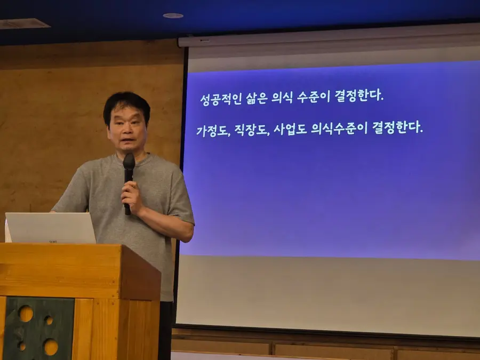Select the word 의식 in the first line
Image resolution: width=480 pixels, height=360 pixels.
click(x=282, y=98)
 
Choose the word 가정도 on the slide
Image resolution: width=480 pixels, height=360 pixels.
click(x=213, y=131)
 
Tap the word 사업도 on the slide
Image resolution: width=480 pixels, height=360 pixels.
click(x=290, y=129)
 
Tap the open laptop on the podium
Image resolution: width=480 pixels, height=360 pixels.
click(x=50, y=228)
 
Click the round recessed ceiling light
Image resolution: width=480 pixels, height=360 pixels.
click(x=173, y=15)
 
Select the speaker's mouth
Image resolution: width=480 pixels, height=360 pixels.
click(x=128, y=140)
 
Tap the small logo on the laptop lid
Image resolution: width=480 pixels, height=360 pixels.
click(x=53, y=241)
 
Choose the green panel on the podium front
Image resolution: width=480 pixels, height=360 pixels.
click(x=39, y=328)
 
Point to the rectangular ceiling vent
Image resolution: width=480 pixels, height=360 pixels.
click(x=24, y=23)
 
